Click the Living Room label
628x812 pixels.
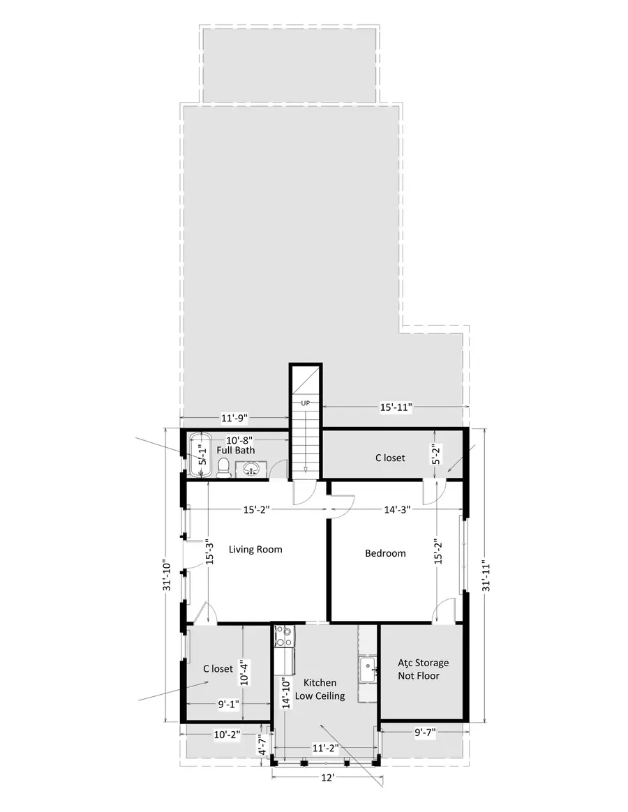(255, 550)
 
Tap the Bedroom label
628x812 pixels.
(385, 553)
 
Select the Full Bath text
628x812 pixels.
(235, 451)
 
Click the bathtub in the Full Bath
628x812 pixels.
(200, 457)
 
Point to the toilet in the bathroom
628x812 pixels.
(224, 472)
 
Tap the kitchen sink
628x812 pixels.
(367, 669)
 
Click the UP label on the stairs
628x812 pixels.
(305, 403)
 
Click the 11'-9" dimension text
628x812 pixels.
(234, 419)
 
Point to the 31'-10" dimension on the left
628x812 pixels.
(165, 576)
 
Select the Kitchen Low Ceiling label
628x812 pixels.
(320, 689)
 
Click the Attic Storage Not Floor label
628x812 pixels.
(423, 669)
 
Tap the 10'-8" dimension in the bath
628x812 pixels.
(239, 440)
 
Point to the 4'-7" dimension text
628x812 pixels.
(262, 746)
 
